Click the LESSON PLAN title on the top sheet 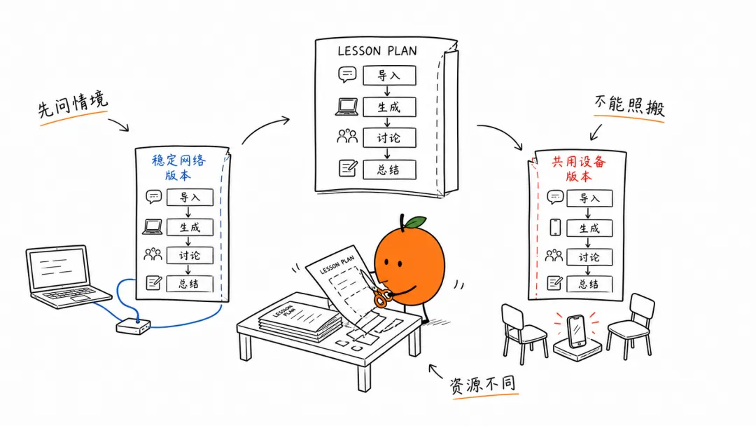377,50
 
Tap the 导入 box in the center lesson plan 389,75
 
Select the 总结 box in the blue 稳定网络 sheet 190,284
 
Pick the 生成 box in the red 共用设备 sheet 589,228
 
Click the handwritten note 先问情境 73,104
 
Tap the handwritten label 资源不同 482,385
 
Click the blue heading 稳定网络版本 178,167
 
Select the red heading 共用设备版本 579,168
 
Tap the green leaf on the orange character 415,222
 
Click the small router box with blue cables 133,326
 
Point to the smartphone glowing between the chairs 576,331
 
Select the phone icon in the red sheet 555,227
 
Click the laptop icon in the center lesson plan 346,107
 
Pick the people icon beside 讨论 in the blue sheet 153,254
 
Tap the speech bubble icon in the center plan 347,74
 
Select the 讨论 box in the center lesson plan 389,138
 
